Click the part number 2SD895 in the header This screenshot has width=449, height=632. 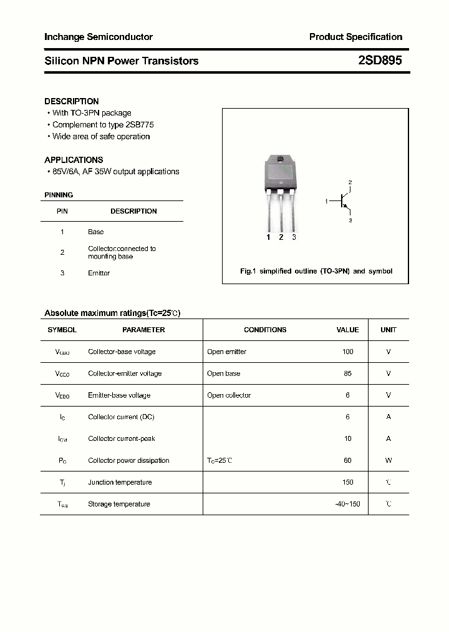(380, 61)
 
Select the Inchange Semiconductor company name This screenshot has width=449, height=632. (99, 37)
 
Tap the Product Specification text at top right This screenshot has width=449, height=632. (355, 37)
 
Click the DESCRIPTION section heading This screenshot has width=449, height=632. (72, 101)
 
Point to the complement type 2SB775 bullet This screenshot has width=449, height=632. (103, 125)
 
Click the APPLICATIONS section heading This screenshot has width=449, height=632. (74, 160)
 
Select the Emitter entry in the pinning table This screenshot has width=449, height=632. (99, 273)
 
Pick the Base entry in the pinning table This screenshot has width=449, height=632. (95, 232)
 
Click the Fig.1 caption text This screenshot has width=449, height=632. (316, 272)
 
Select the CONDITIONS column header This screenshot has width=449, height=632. (265, 330)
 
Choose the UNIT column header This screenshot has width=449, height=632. (389, 330)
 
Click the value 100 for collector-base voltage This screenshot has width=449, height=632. (347, 352)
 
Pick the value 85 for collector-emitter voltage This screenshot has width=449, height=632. (347, 373)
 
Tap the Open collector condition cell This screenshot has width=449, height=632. (229, 395)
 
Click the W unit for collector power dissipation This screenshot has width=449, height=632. (388, 460)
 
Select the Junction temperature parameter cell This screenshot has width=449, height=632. (120, 482)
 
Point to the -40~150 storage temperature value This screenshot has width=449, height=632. (347, 504)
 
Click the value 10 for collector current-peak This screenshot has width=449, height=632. (347, 438)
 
